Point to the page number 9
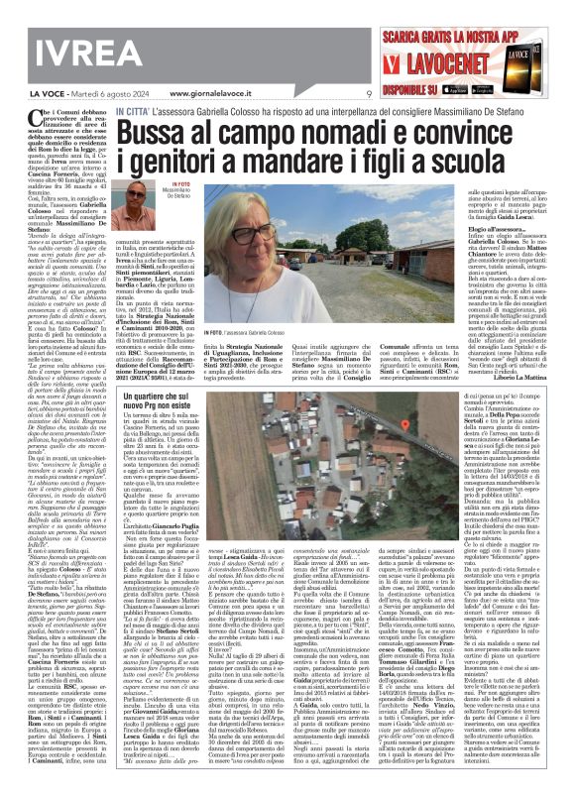[x=368, y=92]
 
